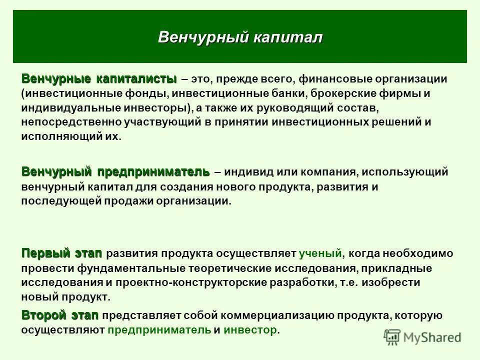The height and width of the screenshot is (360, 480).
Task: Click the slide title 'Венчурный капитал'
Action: tap(240, 37)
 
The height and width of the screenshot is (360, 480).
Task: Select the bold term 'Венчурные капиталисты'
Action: tap(99, 79)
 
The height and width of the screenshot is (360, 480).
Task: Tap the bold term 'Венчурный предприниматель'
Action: tap(115, 172)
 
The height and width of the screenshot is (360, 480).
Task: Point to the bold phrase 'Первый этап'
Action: tap(61, 253)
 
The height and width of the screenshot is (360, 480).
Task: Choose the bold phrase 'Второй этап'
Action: tap(60, 315)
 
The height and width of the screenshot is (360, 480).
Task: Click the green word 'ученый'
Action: tap(320, 254)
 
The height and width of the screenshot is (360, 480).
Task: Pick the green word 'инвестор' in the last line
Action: tap(250, 330)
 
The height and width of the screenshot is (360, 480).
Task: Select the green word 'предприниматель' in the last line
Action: tap(159, 330)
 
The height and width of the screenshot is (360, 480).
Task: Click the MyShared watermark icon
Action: tap(393, 337)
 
